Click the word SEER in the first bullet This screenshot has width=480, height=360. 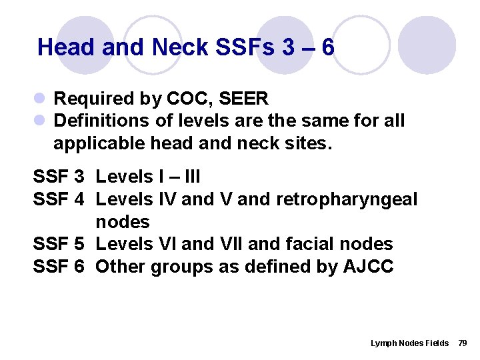(x=243, y=99)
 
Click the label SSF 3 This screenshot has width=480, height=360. (x=59, y=177)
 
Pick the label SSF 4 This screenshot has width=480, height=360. (x=59, y=199)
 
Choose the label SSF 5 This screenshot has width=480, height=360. (x=59, y=244)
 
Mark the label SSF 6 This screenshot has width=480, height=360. (x=59, y=267)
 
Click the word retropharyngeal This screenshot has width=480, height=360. (x=350, y=199)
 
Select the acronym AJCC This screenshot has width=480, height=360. (x=369, y=267)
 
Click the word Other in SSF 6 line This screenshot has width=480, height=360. (x=121, y=267)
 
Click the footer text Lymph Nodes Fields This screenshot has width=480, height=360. (x=409, y=343)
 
